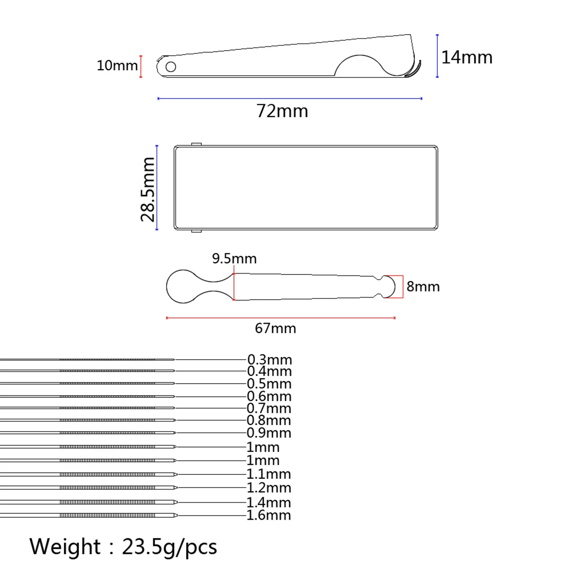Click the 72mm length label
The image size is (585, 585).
(282, 111)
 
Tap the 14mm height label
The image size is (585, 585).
(467, 58)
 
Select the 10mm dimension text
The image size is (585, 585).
(117, 65)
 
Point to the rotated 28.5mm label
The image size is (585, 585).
(148, 189)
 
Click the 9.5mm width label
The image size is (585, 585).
(234, 258)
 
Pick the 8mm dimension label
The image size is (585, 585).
(423, 287)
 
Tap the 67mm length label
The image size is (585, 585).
(275, 328)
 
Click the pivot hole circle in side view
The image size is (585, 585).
(171, 66)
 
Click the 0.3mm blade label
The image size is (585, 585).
(270, 360)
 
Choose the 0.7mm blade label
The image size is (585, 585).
(269, 409)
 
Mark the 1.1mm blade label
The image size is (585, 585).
(269, 474)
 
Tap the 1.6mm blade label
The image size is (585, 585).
(269, 515)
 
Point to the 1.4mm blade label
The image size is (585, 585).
(269, 502)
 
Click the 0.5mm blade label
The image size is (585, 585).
(269, 384)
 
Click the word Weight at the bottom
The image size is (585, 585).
(65, 546)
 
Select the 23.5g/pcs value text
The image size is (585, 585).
(169, 547)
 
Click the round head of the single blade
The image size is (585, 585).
(182, 287)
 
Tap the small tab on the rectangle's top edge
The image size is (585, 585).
(196, 144)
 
